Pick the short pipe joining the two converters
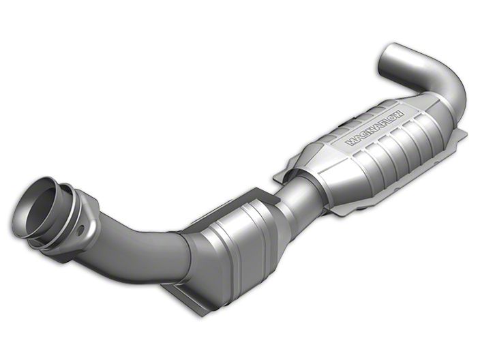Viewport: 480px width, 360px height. click(x=299, y=196)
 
